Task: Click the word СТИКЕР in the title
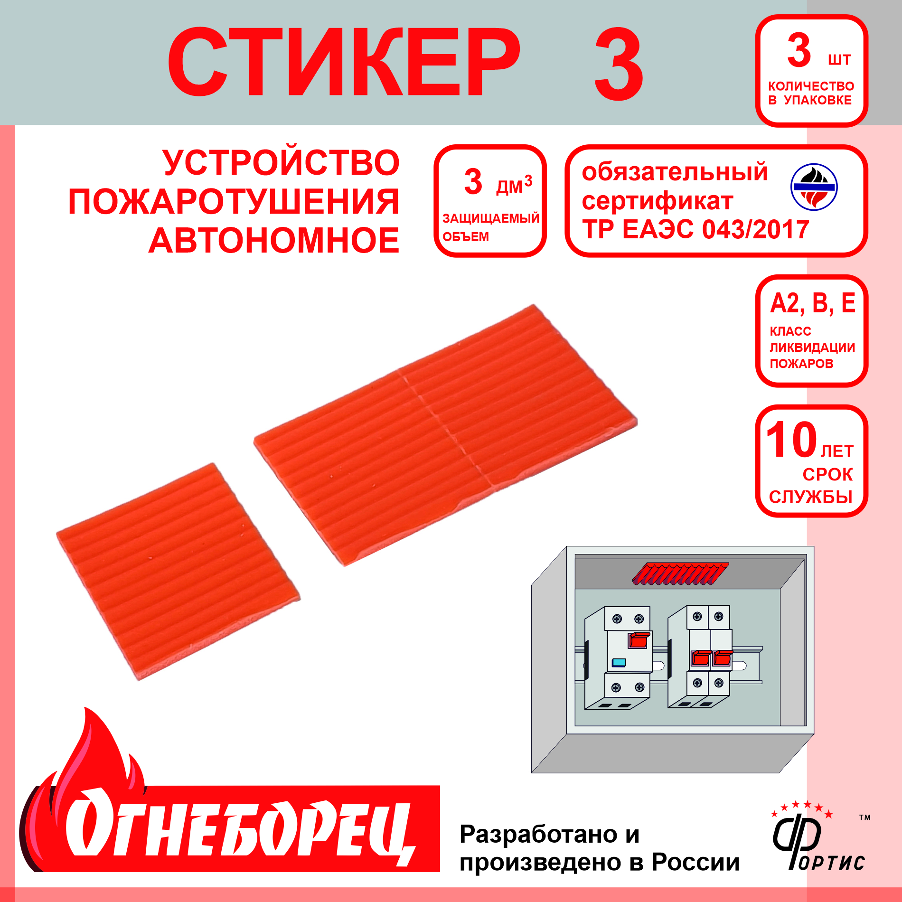coord(344,62)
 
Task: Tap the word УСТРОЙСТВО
coord(281,163)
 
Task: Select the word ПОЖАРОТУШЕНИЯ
coord(234,202)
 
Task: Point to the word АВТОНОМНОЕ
coord(274,240)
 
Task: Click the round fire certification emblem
coord(814,187)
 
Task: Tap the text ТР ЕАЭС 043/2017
coord(695,229)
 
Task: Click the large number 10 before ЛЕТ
coord(791,440)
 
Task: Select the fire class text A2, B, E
coord(813,303)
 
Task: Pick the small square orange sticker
coord(179,572)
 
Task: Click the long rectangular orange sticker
coord(445,435)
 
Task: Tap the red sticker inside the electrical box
coord(681,573)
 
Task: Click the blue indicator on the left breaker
coord(619,662)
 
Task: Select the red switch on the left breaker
coord(639,640)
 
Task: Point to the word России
coord(695,862)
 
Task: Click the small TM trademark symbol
coord(865,817)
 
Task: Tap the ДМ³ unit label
coord(514,185)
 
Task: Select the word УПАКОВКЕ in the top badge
coord(817,100)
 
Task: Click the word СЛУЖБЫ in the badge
coord(811,497)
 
